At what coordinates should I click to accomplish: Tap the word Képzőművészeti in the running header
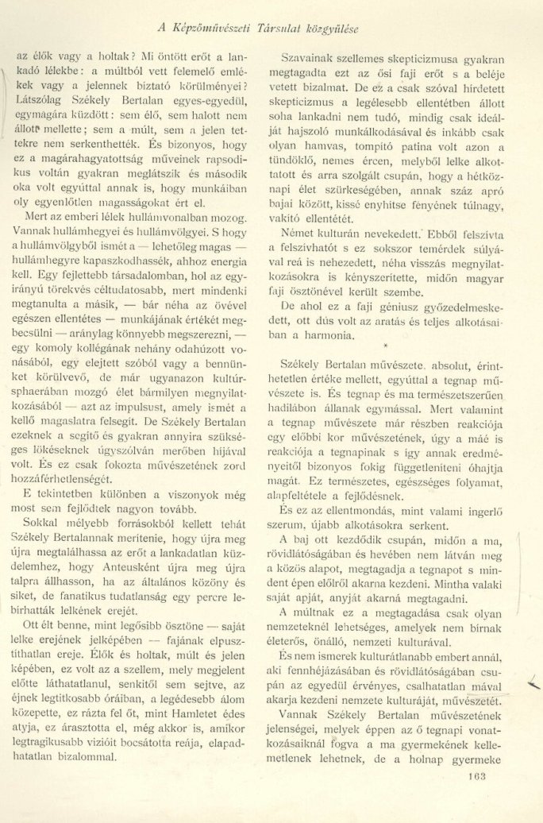tap(212, 29)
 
